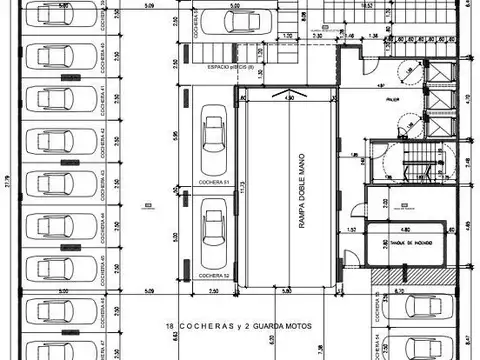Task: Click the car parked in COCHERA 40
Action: click(50, 55)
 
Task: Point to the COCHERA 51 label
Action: click(212, 183)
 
